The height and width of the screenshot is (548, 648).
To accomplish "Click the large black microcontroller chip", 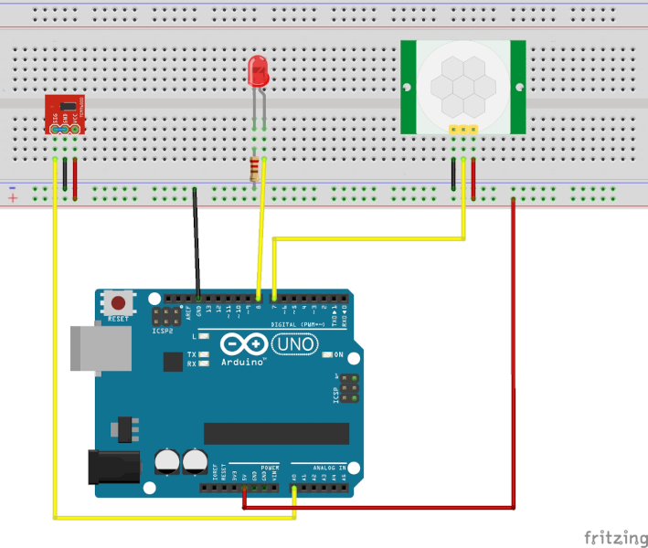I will click(x=276, y=433).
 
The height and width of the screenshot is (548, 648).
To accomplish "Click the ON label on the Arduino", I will click(x=337, y=354).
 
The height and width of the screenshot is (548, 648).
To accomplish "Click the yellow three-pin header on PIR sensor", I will click(x=464, y=130).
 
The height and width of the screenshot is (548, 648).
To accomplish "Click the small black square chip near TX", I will click(x=173, y=362).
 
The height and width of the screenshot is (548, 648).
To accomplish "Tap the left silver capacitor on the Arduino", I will click(x=167, y=461).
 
